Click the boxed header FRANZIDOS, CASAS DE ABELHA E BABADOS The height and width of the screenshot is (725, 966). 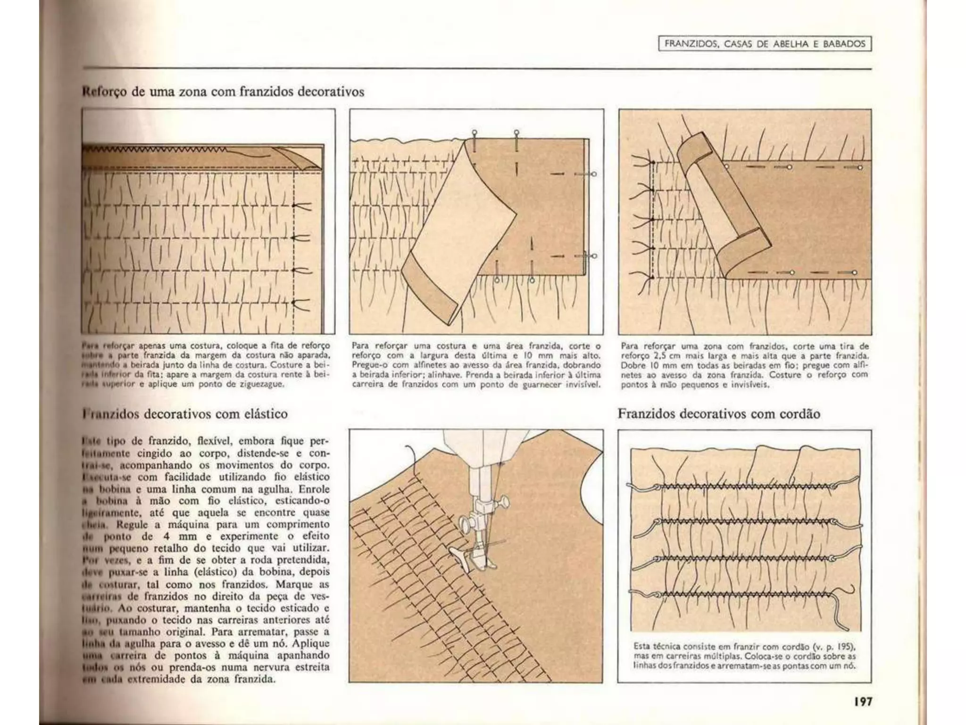765,44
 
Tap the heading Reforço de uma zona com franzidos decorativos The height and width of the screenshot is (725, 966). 224,91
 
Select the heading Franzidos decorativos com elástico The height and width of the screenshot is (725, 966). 185,414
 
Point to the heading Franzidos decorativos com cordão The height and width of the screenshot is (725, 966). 719,414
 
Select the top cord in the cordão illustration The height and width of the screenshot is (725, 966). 745,487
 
